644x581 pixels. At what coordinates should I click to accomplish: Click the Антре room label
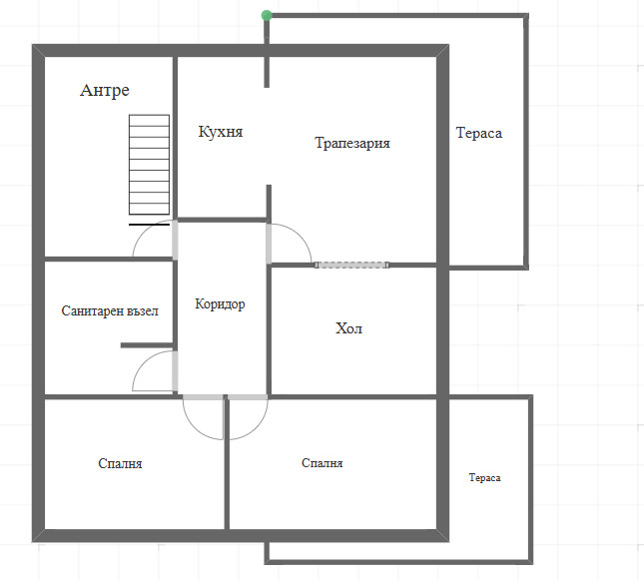[105, 91]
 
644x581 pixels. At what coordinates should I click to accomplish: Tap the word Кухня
[221, 132]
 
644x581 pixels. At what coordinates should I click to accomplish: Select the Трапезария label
[352, 143]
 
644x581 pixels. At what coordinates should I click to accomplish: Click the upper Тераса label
[478, 133]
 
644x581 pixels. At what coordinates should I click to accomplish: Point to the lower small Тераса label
[484, 478]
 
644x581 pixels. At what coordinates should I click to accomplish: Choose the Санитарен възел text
[110, 311]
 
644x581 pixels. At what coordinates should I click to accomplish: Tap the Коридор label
[220, 304]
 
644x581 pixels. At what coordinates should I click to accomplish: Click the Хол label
[348, 328]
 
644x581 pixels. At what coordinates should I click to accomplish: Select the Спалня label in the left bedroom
[120, 463]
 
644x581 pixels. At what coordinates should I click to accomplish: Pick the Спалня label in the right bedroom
[322, 463]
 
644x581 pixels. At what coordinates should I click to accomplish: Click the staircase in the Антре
[149, 165]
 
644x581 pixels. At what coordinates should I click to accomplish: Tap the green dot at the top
[266, 15]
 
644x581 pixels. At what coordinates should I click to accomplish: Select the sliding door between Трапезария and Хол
[350, 265]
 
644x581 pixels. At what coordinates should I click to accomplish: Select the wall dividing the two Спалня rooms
[227, 464]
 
